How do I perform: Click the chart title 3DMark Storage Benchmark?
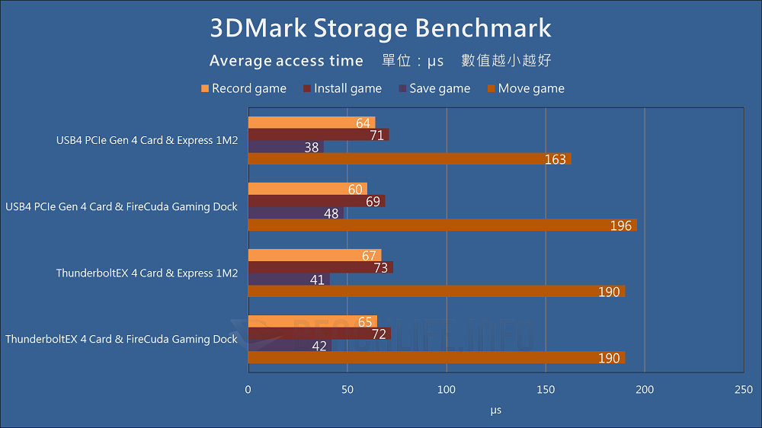pyautogui.click(x=380, y=28)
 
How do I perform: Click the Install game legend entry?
pyautogui.click(x=347, y=88)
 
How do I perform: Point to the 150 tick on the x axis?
pyautogui.click(x=546, y=389)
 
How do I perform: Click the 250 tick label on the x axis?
pyautogui.click(x=743, y=389)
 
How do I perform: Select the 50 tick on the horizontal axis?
pyautogui.click(x=347, y=389)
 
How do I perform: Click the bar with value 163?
pyautogui.click(x=409, y=159)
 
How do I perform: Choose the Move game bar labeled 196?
pyautogui.click(x=442, y=225)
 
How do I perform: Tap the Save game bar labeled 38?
pyautogui.click(x=286, y=147)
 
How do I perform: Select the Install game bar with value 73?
pyautogui.click(x=320, y=267)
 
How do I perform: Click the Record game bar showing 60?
pyautogui.click(x=307, y=189)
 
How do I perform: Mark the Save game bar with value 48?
pyautogui.click(x=296, y=213)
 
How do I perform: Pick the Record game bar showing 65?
pyautogui.click(x=312, y=321)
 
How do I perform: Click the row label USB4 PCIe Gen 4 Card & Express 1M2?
pyautogui.click(x=147, y=141)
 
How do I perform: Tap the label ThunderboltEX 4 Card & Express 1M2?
pyautogui.click(x=147, y=273)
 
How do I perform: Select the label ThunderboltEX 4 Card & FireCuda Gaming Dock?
pyautogui.click(x=122, y=340)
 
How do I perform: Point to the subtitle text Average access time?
pyautogui.click(x=287, y=61)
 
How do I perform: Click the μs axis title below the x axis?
pyautogui.click(x=495, y=410)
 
